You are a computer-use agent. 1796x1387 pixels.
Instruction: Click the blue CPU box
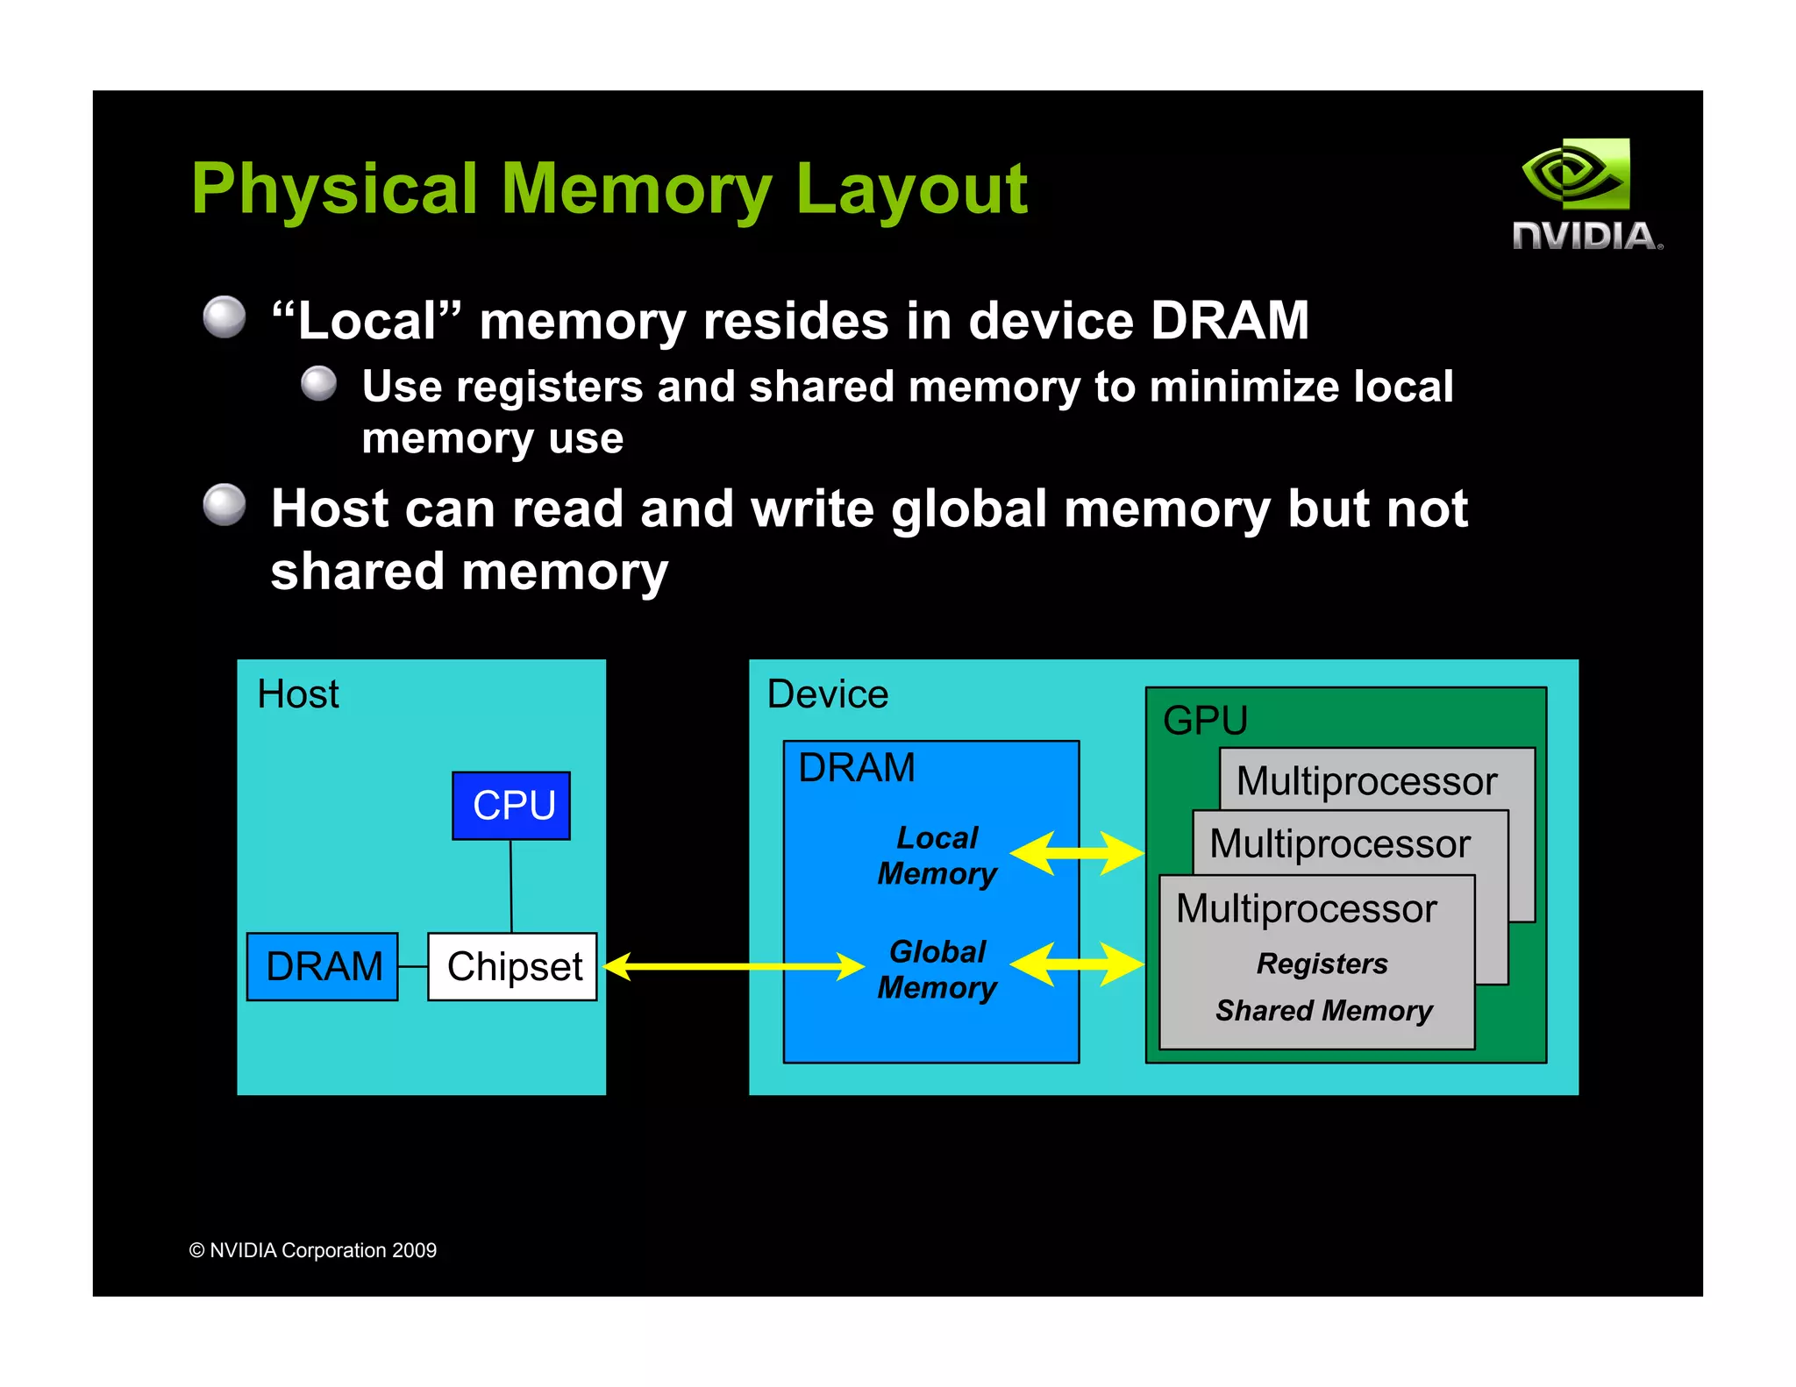tap(511, 805)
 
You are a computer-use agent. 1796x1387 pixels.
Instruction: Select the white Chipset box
tap(512, 966)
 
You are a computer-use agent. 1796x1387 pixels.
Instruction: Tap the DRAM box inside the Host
tap(323, 966)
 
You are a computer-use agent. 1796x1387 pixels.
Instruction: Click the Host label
tap(297, 694)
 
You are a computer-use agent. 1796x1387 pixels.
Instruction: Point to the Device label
tap(827, 694)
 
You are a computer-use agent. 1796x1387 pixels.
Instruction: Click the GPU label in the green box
tap(1204, 721)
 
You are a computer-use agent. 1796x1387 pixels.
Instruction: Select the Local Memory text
tap(937, 856)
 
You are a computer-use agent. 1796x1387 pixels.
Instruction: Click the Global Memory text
tap(937, 970)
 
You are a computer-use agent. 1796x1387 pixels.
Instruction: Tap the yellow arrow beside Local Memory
tap(1077, 853)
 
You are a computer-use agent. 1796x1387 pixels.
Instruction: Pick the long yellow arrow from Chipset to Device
tap(733, 966)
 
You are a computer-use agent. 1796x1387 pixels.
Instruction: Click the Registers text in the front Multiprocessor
tap(1322, 964)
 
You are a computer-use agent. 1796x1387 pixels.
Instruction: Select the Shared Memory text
tap(1322, 1011)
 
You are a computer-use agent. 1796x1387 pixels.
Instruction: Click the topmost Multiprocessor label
tap(1366, 781)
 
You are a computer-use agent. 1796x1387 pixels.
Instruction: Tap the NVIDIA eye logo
tap(1576, 173)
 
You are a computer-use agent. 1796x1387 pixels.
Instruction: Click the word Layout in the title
tap(912, 189)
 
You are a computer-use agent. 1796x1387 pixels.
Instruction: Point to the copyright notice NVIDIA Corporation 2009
tap(313, 1250)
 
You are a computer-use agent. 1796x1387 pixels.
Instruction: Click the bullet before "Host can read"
tap(224, 505)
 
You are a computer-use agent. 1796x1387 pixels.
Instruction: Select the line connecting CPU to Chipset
tap(511, 886)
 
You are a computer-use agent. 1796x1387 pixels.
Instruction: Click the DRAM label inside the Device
tap(856, 768)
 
